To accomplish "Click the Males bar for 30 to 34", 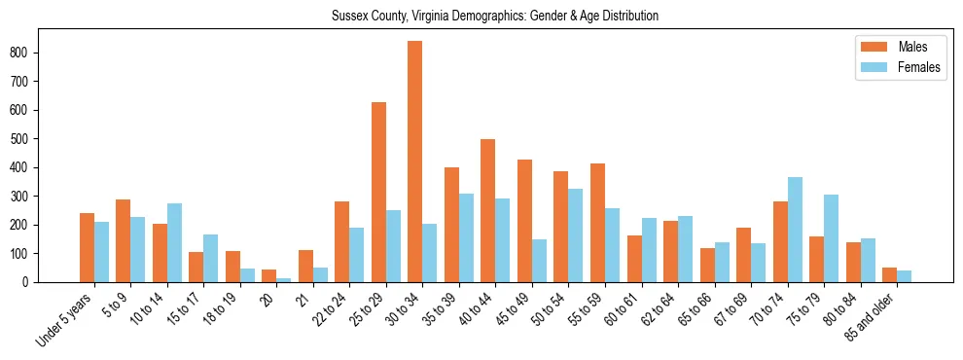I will click(x=415, y=162).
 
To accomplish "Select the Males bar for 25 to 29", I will click(x=378, y=192).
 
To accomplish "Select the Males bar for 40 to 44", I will click(x=488, y=210).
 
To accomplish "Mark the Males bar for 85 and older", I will click(x=889, y=274).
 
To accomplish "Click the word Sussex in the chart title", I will click(x=350, y=17).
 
